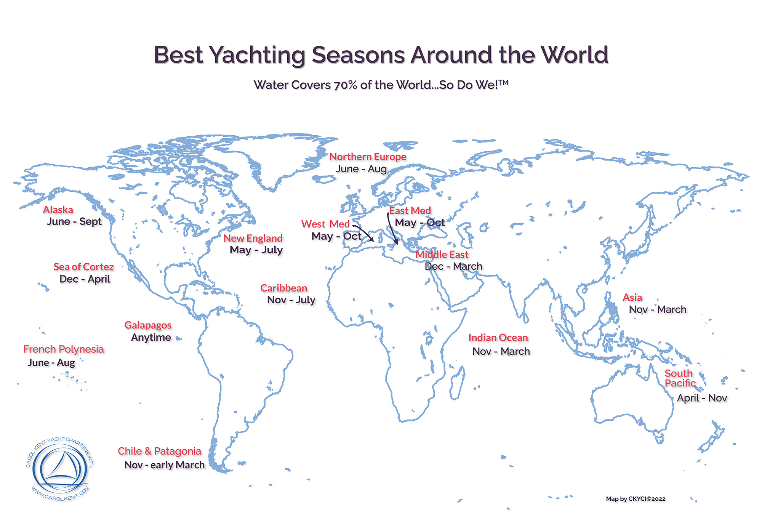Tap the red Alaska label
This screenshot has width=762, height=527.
(58, 210)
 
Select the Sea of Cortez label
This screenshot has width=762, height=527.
(83, 267)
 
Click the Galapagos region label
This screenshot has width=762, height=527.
(148, 325)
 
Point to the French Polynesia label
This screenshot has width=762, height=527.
(64, 349)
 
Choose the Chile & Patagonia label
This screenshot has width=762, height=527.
(159, 451)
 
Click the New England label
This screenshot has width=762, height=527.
(253, 238)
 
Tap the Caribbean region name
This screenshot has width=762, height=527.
(283, 288)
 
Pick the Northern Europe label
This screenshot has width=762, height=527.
(368, 157)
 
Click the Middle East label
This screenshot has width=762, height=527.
(442, 255)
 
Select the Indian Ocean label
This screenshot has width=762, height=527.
(498, 338)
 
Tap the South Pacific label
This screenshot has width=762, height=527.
(680, 378)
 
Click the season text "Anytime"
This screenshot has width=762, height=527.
(151, 337)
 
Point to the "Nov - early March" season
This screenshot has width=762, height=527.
(164, 465)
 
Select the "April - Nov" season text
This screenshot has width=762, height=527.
(702, 398)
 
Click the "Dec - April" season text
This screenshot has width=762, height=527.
(85, 279)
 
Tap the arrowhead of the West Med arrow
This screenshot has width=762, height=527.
(372, 240)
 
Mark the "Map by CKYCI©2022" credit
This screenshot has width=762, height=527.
(636, 499)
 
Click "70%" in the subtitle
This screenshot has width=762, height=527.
(346, 85)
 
